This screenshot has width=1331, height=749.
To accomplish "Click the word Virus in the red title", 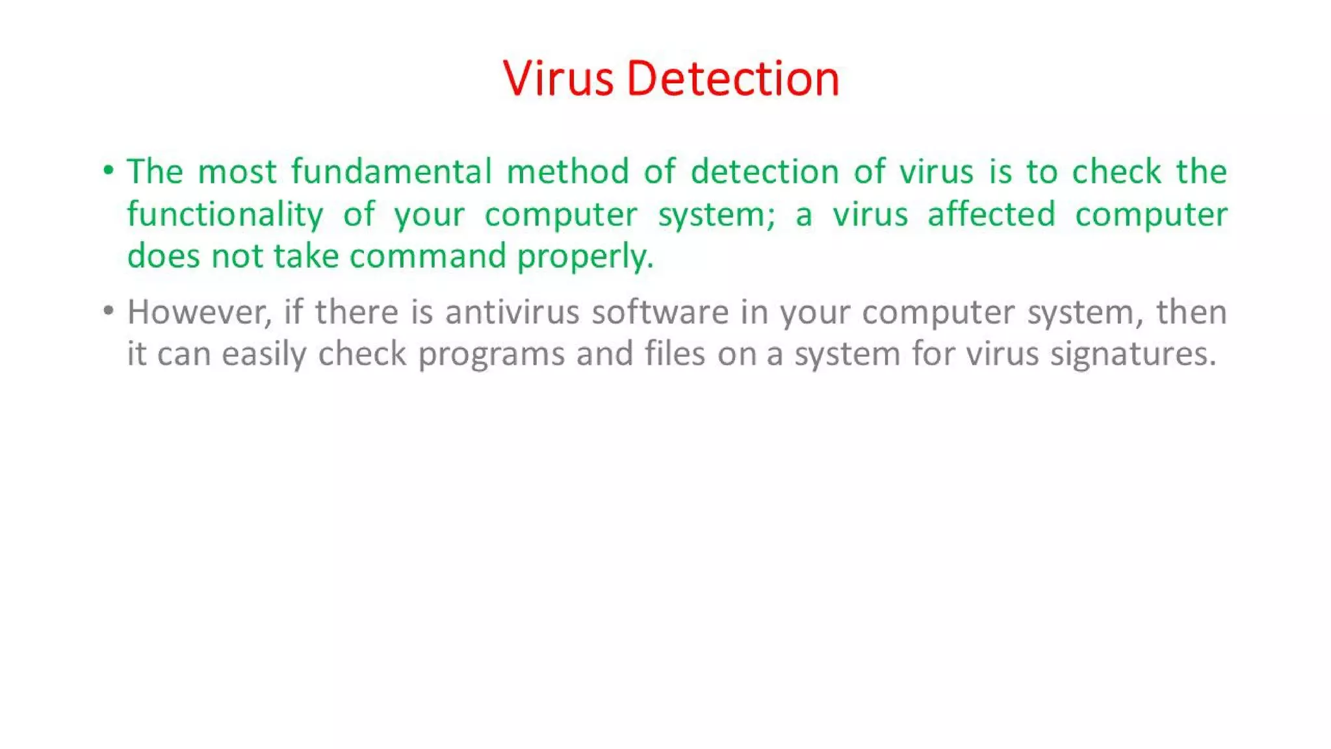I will pos(558,79).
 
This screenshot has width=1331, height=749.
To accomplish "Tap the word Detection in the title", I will pos(733,79).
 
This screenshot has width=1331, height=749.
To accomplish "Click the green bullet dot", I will pos(109,170).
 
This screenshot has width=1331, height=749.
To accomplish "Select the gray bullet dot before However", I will pos(109,311).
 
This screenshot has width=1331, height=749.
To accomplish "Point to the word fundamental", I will pos(391,172).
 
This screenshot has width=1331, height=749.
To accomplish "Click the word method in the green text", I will pos(567,172).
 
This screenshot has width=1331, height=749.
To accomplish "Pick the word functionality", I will pos(225,215).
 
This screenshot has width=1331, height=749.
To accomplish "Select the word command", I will pos(428,256).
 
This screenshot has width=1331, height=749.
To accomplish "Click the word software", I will pos(660,312).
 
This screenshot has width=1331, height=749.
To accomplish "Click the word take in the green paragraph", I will pos(306,256).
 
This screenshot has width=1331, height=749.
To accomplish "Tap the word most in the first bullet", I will pos(237,172).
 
